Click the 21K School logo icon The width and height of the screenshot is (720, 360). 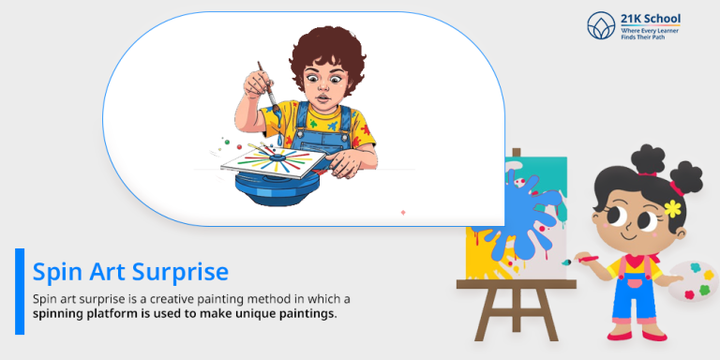[x=601, y=24]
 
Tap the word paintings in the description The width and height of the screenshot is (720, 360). [x=304, y=314]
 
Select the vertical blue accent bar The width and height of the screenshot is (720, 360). [x=20, y=291]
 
